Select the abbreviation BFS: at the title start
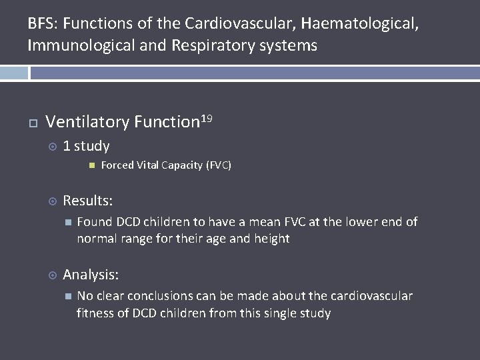(x=42, y=24)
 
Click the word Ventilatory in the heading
(x=87, y=122)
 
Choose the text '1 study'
(x=86, y=146)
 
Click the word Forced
(x=116, y=165)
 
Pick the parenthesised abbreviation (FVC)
(x=219, y=165)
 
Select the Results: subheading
(x=87, y=201)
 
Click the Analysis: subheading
(x=91, y=274)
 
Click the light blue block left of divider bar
(x=13, y=73)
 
